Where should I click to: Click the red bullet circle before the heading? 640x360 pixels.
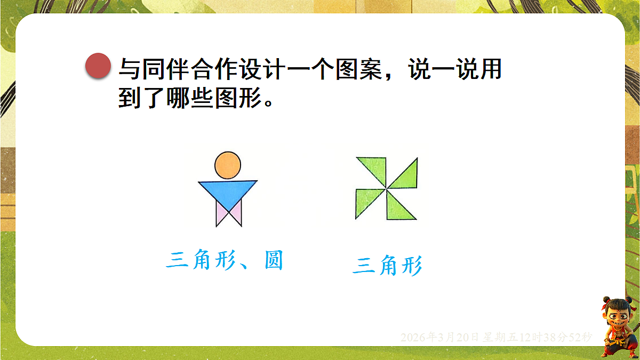click(x=98, y=66)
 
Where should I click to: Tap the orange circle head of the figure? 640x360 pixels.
click(x=228, y=164)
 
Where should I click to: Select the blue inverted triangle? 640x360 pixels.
click(x=228, y=191)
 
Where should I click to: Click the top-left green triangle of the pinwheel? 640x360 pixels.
click(x=374, y=168)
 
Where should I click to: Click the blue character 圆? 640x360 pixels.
click(x=273, y=261)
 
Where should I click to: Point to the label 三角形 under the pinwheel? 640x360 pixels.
click(x=387, y=266)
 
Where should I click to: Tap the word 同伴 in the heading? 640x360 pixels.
click(x=161, y=69)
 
